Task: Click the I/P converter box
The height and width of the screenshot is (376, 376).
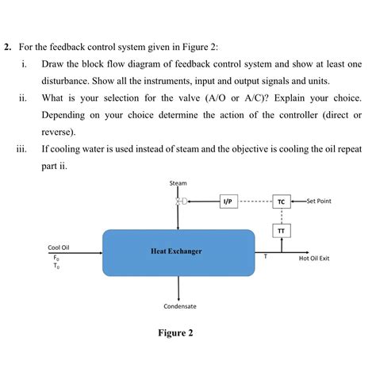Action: [x=228, y=201]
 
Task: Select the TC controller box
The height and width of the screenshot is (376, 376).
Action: [x=282, y=201]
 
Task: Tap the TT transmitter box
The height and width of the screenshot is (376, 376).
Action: [x=282, y=231]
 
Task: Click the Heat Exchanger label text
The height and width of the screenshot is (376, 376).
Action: [x=176, y=251]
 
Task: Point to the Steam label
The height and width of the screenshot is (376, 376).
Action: [x=178, y=183]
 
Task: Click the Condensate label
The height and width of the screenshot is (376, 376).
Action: [x=180, y=306]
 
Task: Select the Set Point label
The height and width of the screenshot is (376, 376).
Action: [x=318, y=201]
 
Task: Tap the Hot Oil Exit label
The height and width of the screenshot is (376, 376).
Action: [x=314, y=259]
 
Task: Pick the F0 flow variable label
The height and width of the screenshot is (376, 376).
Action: [x=56, y=258]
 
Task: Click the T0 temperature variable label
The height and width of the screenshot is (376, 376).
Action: [x=56, y=267]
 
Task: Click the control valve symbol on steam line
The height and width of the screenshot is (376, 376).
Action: [x=180, y=201]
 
